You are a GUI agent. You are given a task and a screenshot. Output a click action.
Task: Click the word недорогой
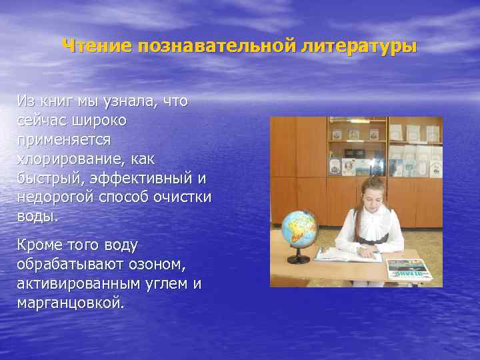[x=59, y=197]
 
